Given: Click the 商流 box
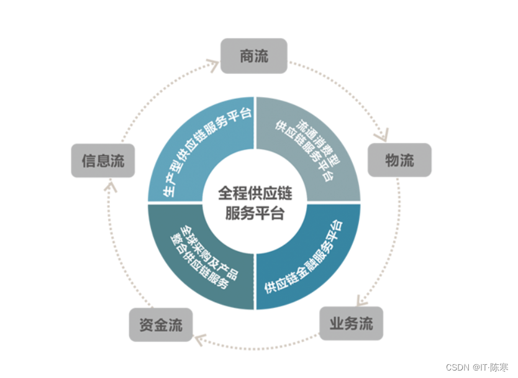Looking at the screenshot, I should [254, 56].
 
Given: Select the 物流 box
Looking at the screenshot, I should [399, 160].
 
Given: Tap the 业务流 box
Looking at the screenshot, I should [351, 323].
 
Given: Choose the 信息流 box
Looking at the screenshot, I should [103, 161].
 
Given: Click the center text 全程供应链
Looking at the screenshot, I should [254, 193].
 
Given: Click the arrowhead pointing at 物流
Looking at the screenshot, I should [381, 134].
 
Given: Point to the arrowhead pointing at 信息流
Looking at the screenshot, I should [109, 185].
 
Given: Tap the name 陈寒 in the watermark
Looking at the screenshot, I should [499, 367].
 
